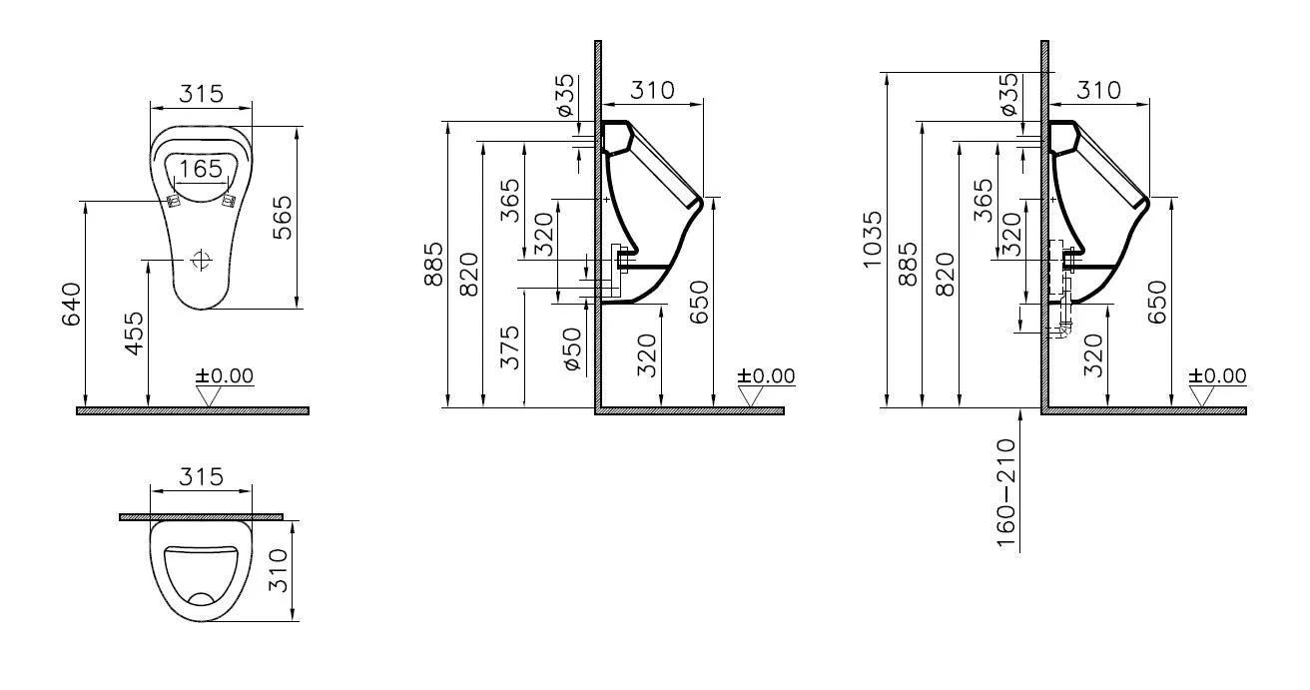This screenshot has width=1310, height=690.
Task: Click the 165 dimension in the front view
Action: (x=202, y=169)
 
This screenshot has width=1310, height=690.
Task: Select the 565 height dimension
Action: (x=283, y=218)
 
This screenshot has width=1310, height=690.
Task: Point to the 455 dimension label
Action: (x=134, y=335)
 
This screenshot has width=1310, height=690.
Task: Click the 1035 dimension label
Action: (x=873, y=239)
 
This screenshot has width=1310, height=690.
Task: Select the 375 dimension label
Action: (x=509, y=347)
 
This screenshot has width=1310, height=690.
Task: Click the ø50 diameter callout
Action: (x=572, y=348)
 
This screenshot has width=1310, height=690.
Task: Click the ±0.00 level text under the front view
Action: (x=225, y=376)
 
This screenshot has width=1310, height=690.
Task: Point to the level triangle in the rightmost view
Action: (x=1204, y=396)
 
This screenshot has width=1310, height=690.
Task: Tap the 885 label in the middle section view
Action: (x=434, y=263)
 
